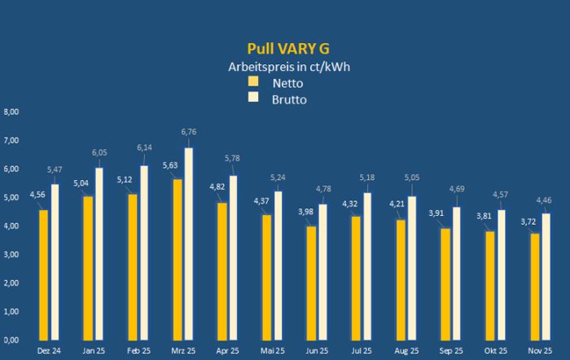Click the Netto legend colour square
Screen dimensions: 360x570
pyautogui.click(x=253, y=81)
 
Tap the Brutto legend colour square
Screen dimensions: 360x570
pyautogui.click(x=253, y=97)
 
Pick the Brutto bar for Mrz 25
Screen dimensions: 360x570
pyautogui.click(x=189, y=244)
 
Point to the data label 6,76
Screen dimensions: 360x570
pyautogui.click(x=189, y=131)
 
